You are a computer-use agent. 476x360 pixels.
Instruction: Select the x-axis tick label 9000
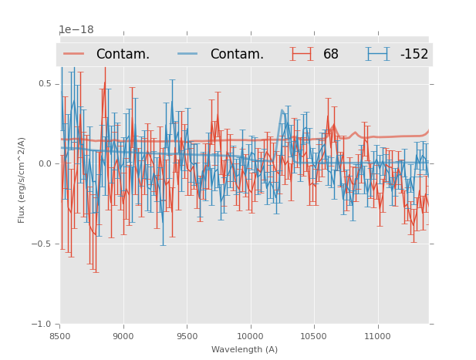click(123, 336)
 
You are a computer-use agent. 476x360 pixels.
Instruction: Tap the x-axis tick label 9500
click(187, 336)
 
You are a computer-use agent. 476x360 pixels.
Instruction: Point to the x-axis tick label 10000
click(250, 336)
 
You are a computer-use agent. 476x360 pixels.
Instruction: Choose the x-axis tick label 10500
click(313, 336)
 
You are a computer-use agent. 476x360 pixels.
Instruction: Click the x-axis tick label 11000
click(377, 336)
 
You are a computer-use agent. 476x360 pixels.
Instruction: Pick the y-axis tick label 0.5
click(45, 83)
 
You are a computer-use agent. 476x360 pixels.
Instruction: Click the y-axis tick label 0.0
click(45, 163)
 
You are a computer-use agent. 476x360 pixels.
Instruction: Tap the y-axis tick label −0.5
click(42, 244)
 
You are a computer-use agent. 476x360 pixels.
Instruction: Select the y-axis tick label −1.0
click(42, 324)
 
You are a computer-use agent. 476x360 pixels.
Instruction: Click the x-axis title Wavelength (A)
click(245, 349)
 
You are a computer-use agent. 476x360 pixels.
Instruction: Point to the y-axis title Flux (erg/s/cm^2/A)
click(22, 180)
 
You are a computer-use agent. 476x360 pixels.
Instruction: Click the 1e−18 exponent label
click(76, 30)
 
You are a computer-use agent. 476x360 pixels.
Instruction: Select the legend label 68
click(331, 55)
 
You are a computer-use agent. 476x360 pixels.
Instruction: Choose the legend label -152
click(414, 55)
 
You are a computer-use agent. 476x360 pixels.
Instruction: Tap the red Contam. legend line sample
click(74, 54)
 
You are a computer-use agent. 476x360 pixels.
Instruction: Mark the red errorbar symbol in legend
click(302, 54)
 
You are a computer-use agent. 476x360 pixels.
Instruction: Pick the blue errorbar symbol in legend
click(377, 54)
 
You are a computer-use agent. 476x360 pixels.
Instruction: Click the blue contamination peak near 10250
click(282, 110)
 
